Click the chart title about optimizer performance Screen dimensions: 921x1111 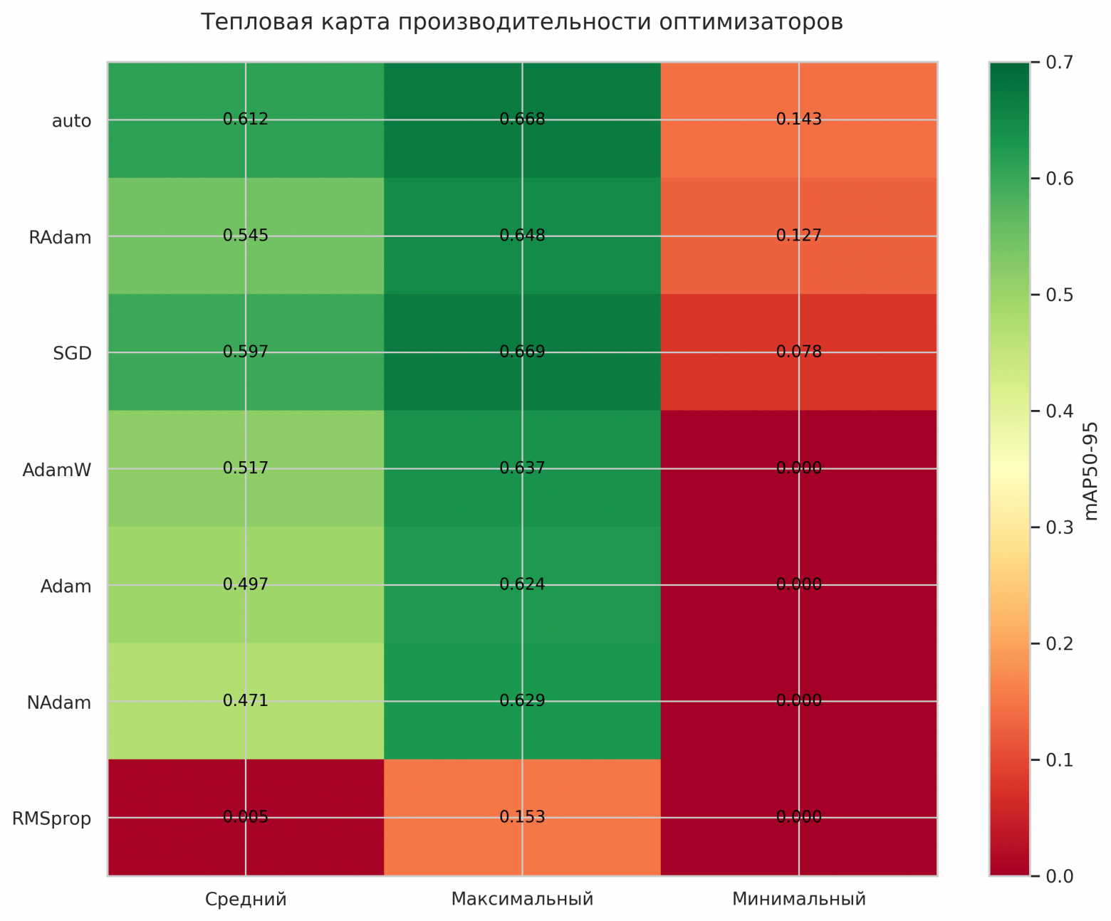[x=521, y=23]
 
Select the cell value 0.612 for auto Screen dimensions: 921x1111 [x=246, y=120]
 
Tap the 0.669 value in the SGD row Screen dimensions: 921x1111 [x=522, y=352]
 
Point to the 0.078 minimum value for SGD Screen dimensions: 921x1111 [x=799, y=352]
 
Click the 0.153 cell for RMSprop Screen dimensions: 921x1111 [x=522, y=817]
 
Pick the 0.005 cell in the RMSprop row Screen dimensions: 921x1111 [x=246, y=817]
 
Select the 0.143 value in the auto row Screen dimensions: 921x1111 [x=799, y=120]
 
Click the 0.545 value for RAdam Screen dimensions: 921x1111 [x=246, y=236]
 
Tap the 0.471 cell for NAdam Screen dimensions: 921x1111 [x=246, y=701]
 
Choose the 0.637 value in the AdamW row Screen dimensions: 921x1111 [x=522, y=468]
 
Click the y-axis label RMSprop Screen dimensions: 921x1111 [x=52, y=819]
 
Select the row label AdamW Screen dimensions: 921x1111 [x=57, y=470]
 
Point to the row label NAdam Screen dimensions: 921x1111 [x=59, y=703]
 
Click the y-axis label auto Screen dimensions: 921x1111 [x=72, y=121]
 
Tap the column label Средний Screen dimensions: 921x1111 [x=246, y=900]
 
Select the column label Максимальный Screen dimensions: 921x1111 [x=522, y=900]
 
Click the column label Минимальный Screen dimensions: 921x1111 [x=799, y=900]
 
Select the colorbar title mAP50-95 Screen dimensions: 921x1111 [x=1090, y=470]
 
